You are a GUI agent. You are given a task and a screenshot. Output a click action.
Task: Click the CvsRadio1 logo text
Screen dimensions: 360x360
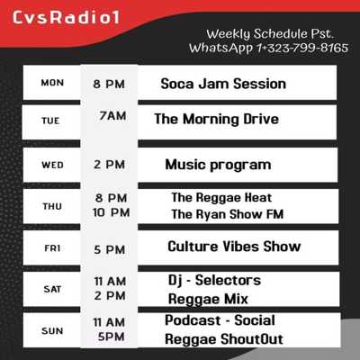point(66,17)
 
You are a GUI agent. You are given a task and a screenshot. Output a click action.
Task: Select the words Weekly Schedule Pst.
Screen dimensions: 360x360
point(270,34)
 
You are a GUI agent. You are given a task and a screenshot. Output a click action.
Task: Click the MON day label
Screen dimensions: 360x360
point(52,83)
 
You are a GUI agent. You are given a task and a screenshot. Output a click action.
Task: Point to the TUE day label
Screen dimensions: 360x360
point(50,121)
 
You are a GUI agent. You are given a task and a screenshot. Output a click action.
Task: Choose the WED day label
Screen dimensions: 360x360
point(52,165)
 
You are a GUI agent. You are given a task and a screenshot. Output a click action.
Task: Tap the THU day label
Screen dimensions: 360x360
point(52,206)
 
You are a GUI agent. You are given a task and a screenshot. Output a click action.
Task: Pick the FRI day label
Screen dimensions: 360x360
point(52,248)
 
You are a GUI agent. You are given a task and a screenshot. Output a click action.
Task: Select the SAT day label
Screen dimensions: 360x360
point(52,289)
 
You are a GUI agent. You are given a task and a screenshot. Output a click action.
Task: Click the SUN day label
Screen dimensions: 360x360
point(52,331)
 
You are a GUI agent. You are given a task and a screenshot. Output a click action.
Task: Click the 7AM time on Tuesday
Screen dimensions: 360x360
point(112,116)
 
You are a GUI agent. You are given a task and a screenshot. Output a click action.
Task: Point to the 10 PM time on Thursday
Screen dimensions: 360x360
point(112,212)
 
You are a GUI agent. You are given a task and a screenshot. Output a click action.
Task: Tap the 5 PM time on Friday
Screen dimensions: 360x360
point(110,249)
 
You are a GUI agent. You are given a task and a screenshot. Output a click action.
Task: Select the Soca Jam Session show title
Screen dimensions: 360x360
point(223,84)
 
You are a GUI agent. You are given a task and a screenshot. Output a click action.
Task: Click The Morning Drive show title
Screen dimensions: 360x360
point(217,119)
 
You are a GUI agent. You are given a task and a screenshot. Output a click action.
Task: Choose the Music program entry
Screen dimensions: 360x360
point(218,165)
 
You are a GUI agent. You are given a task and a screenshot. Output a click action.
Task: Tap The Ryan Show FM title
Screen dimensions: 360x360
point(228,214)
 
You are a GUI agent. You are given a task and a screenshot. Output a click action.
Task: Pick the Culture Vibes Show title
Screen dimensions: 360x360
point(234,247)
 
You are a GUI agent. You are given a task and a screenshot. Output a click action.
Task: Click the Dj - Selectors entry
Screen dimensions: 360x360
point(214,281)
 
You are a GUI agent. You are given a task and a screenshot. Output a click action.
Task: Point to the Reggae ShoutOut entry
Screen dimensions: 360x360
point(224,339)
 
